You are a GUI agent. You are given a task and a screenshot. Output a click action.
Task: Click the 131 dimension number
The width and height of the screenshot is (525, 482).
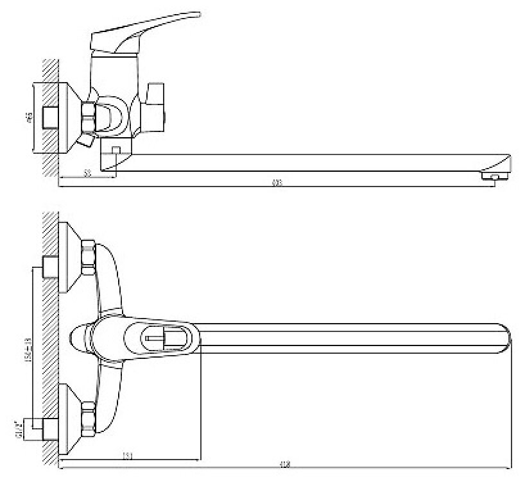[x=129, y=456]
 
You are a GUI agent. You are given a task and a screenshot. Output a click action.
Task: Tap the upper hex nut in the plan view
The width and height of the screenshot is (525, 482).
[x=87, y=257]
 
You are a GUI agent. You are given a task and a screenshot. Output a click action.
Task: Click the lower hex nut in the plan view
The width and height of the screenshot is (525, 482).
[x=87, y=417]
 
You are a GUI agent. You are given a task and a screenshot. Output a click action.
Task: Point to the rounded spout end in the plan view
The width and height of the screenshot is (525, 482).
[x=503, y=338]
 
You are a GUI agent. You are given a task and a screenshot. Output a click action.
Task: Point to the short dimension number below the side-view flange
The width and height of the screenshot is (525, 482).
[x=87, y=173]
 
